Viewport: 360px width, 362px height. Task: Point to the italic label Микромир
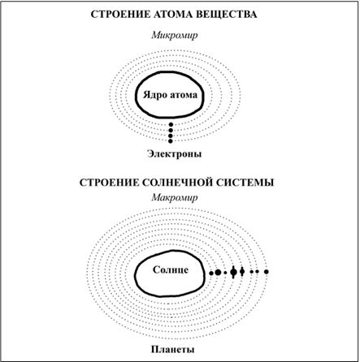(x=175, y=36)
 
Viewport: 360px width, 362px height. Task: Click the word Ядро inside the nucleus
(x=154, y=95)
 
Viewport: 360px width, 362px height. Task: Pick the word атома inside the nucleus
(x=184, y=96)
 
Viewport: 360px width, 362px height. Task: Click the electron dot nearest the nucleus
(x=171, y=125)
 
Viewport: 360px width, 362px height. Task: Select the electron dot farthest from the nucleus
(x=171, y=141)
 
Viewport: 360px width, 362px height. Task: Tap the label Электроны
(x=175, y=154)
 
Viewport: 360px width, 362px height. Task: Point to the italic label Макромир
(x=175, y=197)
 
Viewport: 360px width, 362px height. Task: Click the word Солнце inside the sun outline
(x=171, y=269)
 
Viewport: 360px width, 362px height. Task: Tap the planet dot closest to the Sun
(x=211, y=273)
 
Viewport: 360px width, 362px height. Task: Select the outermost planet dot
(x=267, y=272)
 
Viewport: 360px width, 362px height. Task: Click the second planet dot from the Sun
(x=218, y=273)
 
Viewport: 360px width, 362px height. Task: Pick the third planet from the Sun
(x=225, y=273)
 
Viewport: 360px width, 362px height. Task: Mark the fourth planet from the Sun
(x=233, y=272)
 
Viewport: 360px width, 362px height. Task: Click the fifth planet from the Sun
(x=242, y=271)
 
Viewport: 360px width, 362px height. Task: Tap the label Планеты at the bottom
(x=173, y=349)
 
